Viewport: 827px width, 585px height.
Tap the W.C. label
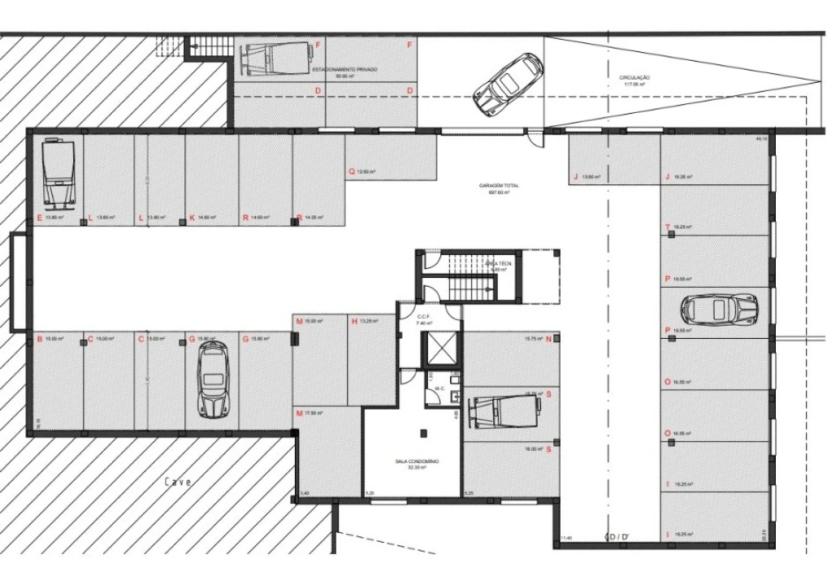coord(439,388)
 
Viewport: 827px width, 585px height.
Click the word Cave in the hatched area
coord(179,481)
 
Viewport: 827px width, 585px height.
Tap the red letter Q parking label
coord(352,171)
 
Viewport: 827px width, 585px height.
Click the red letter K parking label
coord(192,218)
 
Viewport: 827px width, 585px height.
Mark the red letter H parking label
coord(354,321)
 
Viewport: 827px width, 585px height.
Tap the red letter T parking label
coord(667,227)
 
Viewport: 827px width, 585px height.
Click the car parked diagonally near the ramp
coord(508,84)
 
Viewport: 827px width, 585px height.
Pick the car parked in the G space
coord(214,380)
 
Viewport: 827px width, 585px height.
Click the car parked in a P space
coord(719,309)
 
